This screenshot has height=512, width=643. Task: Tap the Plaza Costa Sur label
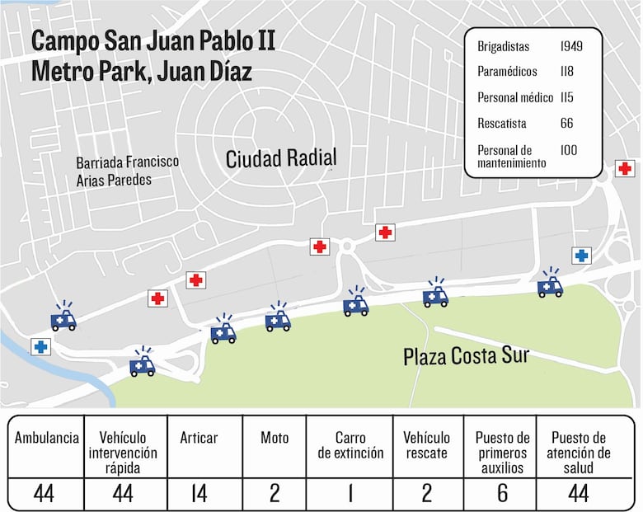(466, 356)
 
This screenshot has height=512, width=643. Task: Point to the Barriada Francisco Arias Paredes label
(127, 171)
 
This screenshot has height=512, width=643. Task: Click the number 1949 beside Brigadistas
(572, 47)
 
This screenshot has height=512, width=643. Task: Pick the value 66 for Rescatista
(566, 124)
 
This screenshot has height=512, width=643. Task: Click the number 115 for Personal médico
(567, 98)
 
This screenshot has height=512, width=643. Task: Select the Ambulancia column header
(47, 438)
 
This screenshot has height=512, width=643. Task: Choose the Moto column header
(275, 438)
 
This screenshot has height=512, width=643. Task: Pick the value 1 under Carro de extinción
(349, 493)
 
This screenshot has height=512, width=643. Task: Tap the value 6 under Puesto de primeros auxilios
(501, 493)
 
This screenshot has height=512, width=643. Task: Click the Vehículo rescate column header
(427, 445)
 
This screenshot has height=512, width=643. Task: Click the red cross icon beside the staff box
(625, 168)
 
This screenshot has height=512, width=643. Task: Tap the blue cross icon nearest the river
(40, 347)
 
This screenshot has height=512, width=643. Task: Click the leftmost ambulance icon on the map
(63, 317)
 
